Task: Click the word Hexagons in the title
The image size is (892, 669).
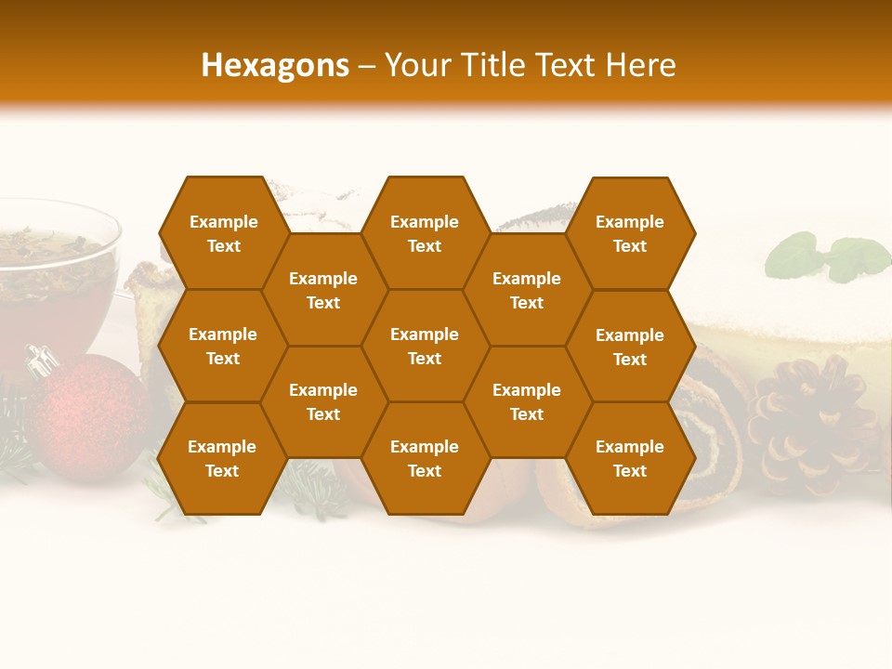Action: [x=275, y=65]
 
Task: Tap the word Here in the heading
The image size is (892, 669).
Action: [x=640, y=65]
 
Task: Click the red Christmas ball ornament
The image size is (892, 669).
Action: [x=88, y=418]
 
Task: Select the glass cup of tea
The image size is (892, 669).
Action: [x=56, y=279]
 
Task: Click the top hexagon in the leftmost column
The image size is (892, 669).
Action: [x=223, y=233]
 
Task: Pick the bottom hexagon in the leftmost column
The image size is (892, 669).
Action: [x=222, y=458]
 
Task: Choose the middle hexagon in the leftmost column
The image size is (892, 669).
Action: [x=223, y=346]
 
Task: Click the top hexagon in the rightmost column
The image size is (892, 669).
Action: [x=630, y=233]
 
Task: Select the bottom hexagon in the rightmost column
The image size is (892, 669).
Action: [x=630, y=458]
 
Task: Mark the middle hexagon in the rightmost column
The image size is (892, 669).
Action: [x=630, y=347]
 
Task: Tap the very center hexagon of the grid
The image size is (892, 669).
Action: [x=425, y=346]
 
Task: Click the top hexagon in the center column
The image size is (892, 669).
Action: [x=425, y=233]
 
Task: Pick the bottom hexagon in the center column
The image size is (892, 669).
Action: [x=425, y=458]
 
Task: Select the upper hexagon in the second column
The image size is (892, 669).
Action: [x=323, y=290]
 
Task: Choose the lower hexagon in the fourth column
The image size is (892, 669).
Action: [x=527, y=401]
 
